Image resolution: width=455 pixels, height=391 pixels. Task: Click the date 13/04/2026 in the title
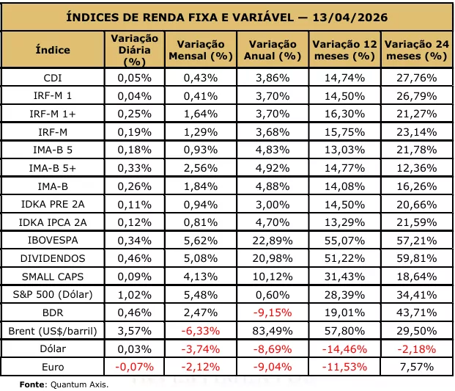350,17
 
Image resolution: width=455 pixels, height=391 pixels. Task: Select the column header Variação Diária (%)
134,50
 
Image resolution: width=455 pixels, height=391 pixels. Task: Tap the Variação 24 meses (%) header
417,50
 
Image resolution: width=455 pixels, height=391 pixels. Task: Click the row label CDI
53,78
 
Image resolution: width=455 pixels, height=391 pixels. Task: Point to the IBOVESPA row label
53,240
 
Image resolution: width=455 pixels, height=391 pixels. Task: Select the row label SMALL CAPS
53,277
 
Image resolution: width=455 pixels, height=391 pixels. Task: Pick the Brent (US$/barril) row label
53,331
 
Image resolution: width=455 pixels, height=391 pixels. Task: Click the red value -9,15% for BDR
273,313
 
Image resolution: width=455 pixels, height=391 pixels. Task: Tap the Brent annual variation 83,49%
273,331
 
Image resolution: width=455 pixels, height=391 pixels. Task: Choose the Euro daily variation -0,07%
134,367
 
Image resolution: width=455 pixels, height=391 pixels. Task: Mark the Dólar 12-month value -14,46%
345,349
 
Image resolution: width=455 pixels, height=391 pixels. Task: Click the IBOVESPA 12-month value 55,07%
345,240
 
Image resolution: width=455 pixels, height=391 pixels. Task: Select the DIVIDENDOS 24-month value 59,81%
417,258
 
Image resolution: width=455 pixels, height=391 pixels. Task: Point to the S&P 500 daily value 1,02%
134,295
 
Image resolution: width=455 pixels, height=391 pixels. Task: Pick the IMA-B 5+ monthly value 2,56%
201,168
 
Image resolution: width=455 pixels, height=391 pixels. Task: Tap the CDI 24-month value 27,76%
417,78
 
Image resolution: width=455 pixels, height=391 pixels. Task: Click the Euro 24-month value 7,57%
417,367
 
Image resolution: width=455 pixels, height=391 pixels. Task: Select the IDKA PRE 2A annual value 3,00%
273,205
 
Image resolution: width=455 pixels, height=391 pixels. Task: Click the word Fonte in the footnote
32,384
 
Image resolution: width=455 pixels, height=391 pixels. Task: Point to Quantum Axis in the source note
79,384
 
